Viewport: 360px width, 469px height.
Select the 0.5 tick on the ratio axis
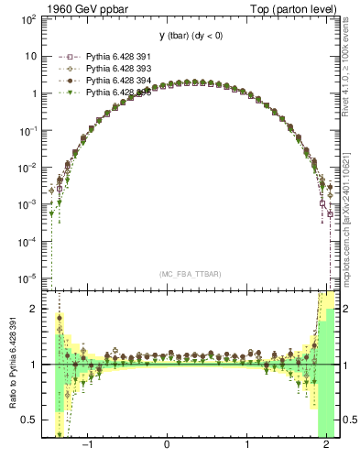(x=29, y=420)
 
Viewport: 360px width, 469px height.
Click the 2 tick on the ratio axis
(x=35, y=309)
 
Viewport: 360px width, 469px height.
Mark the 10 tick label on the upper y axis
(x=30, y=56)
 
